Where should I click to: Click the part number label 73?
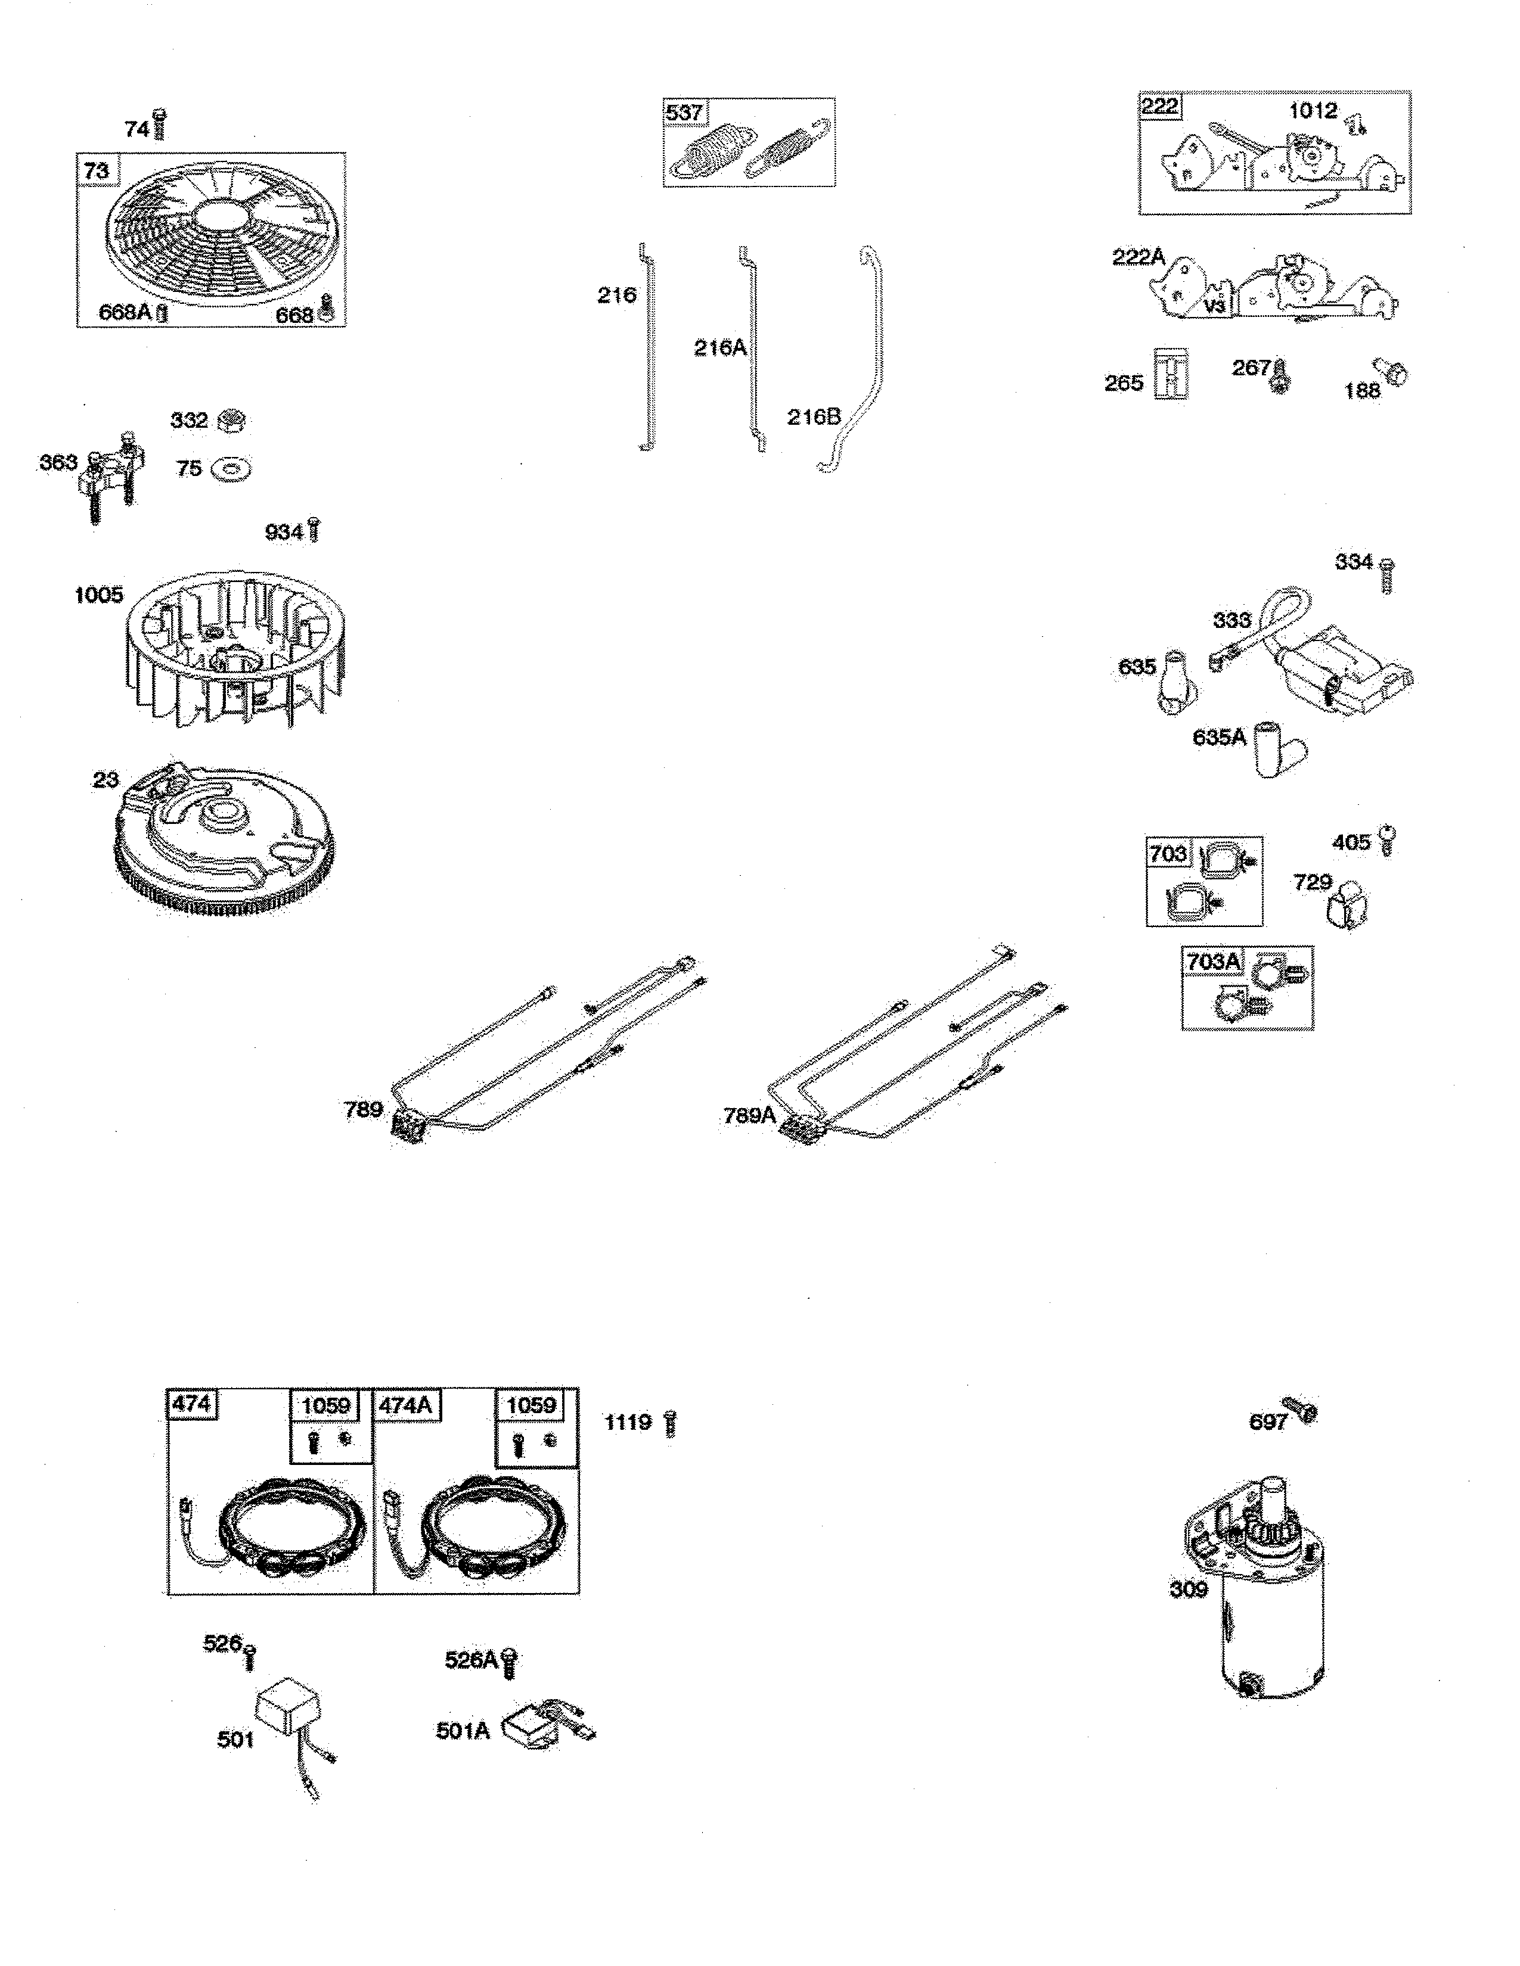click(x=97, y=171)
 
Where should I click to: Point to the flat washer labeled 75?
click(x=231, y=469)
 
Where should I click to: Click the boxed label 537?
click(x=684, y=113)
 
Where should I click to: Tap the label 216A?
click(x=719, y=347)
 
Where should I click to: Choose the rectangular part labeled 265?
click(x=1171, y=373)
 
